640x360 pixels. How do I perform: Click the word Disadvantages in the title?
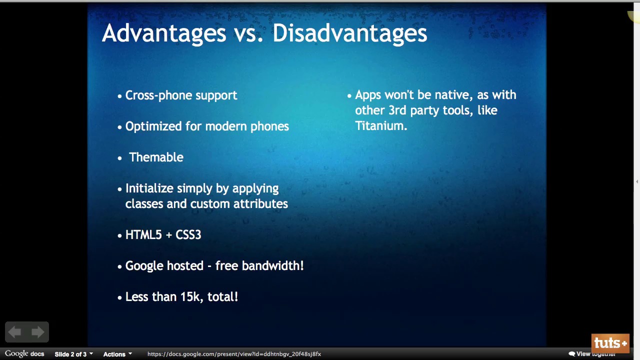(x=349, y=33)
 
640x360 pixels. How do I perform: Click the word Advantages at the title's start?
(x=164, y=33)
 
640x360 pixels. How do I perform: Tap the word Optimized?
(x=153, y=126)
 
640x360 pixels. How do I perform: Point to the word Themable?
(x=156, y=157)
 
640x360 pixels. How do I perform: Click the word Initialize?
(x=148, y=188)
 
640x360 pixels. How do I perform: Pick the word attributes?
(x=260, y=203)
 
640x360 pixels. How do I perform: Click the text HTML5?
(x=143, y=235)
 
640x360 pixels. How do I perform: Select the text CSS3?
(x=188, y=235)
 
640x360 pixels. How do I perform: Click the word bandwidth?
(x=272, y=265)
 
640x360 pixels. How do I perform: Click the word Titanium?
(x=381, y=125)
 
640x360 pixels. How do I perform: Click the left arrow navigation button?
(x=14, y=332)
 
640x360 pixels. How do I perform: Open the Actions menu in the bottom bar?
(x=117, y=354)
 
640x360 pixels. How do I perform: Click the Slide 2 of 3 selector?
(x=73, y=354)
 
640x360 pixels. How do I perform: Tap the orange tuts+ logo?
(x=610, y=343)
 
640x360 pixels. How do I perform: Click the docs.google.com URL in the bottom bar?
(x=234, y=354)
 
